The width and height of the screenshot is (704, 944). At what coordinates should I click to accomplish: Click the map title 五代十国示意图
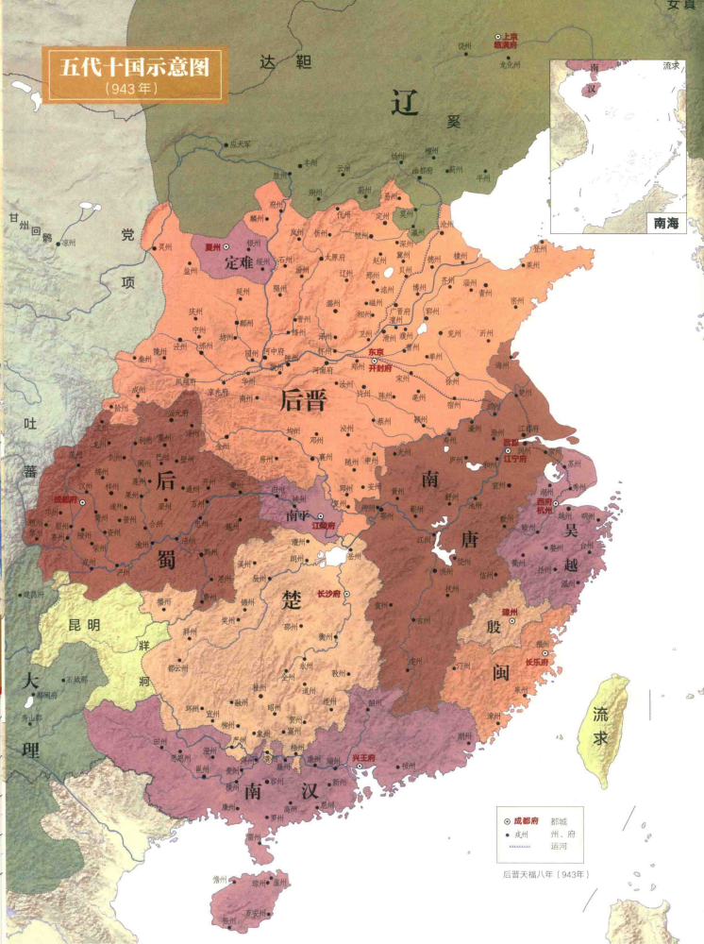pyautogui.click(x=134, y=68)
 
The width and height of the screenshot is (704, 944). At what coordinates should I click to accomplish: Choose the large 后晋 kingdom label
pyautogui.click(x=303, y=399)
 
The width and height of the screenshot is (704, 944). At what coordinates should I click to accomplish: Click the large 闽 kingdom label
pyautogui.click(x=501, y=672)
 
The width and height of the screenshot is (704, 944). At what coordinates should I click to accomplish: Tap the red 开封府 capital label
pyautogui.click(x=378, y=372)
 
